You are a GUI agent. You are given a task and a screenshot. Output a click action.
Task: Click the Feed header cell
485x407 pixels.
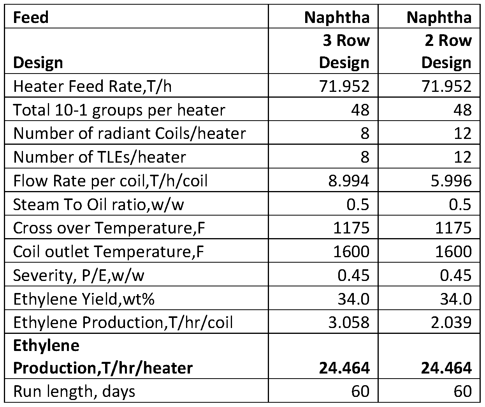pos(31,17)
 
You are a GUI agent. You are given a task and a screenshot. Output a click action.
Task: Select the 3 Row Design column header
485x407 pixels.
pos(344,51)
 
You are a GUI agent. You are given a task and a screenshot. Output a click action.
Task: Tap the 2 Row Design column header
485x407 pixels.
pos(446,51)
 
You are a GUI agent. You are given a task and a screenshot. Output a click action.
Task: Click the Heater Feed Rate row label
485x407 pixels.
pos(93,86)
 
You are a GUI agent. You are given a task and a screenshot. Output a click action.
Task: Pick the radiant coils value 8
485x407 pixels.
pos(365,133)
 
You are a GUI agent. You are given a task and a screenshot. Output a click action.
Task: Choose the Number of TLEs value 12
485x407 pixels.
pos(463,157)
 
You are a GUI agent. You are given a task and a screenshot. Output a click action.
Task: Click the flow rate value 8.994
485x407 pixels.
pos(349,181)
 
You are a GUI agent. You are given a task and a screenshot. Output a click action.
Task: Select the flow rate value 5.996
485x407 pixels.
pos(451,181)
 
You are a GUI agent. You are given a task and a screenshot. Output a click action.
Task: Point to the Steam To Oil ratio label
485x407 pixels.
pos(98,205)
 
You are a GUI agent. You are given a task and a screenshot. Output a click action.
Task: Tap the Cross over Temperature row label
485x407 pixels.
pos(109,228)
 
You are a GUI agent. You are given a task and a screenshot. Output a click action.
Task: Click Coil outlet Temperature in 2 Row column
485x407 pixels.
pos(453,252)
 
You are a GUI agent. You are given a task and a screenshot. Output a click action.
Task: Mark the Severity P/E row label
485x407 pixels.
pos(79,275)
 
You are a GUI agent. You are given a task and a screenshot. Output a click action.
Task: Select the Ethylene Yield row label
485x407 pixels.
pos(84,299)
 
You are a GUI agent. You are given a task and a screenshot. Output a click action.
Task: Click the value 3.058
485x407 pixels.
pos(349,323)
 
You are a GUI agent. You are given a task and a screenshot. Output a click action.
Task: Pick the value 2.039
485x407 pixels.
pos(451,323)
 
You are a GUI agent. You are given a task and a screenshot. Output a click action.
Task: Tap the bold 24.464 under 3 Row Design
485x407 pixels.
pos(344,368)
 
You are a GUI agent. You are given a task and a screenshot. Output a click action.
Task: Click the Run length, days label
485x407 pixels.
pos(74,392)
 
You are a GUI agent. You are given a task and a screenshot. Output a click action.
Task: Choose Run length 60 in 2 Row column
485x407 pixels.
pos(463,392)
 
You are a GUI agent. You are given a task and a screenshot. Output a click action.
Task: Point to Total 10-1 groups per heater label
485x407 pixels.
pos(119,110)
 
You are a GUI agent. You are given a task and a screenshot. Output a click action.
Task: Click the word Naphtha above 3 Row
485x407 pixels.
pos(337,18)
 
